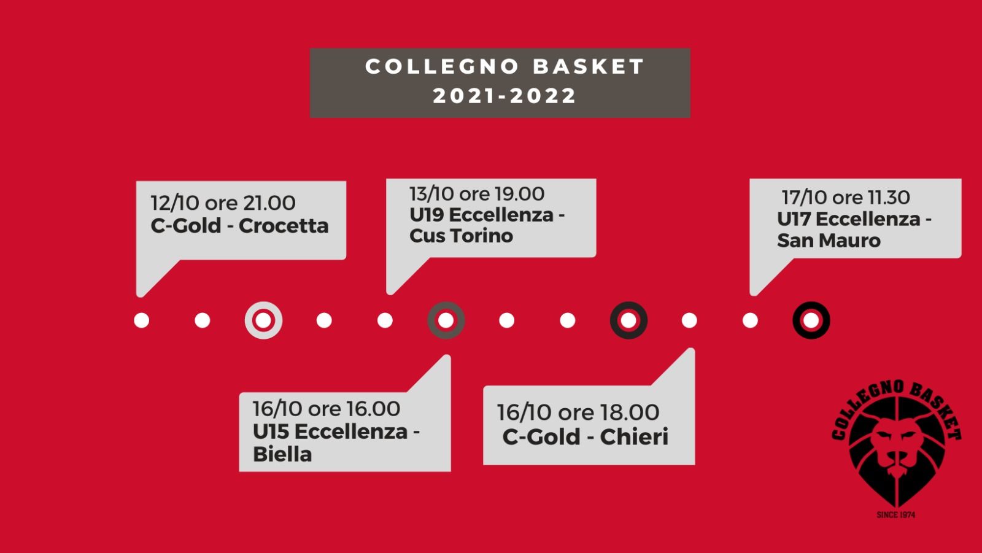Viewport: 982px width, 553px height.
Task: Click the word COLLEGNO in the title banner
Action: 443,67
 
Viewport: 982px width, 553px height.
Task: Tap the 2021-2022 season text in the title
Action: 504,96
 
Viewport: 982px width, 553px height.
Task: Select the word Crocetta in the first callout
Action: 284,226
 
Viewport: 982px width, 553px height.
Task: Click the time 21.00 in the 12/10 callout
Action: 269,203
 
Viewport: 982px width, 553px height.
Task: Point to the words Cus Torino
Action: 461,236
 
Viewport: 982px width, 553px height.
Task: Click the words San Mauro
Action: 829,241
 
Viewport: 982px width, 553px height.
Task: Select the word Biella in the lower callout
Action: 282,454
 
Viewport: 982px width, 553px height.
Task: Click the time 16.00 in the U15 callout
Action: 373,409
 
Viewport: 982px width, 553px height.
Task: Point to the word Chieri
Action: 634,437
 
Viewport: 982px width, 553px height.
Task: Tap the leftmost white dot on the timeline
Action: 142,320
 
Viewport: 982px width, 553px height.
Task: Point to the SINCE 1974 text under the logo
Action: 896,515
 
